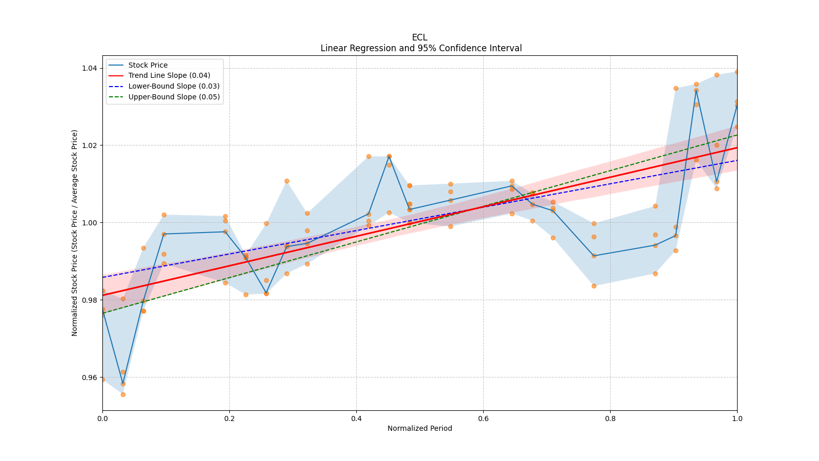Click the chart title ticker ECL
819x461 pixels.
419,37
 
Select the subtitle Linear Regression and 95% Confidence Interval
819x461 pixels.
421,48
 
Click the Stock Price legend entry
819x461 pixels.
147,65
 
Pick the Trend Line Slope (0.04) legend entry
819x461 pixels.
169,76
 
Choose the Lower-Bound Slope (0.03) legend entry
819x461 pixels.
174,87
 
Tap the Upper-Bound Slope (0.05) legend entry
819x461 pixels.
174,97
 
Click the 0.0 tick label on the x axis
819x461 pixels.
102,418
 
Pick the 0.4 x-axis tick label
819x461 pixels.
356,418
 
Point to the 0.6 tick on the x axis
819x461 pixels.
483,418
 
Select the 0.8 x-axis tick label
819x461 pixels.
610,418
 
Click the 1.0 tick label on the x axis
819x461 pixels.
737,418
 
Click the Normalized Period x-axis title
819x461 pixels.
420,428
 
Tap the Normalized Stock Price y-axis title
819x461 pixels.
75,233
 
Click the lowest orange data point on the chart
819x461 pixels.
123,394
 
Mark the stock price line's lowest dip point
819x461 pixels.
123,384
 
